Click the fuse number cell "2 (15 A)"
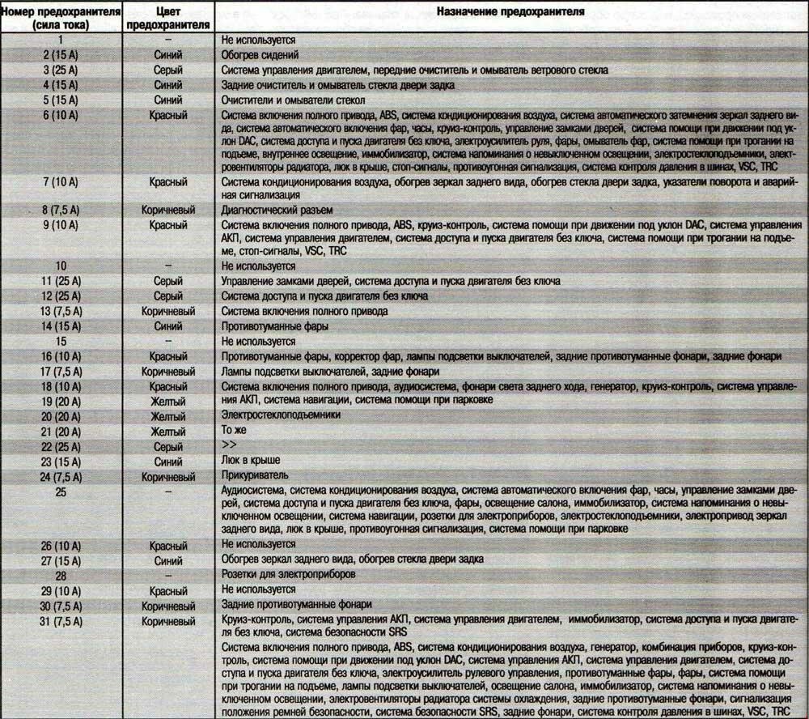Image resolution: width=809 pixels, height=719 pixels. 61,55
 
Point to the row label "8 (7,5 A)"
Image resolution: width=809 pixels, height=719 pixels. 61,210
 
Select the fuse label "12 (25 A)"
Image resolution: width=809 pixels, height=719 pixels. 61,296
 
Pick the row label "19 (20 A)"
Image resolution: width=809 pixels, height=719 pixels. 61,400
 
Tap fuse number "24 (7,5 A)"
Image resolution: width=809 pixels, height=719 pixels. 61,476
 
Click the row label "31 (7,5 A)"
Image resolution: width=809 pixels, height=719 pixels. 61,621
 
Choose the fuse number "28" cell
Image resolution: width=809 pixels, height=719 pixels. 61,574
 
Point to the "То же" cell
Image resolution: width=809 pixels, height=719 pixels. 233,431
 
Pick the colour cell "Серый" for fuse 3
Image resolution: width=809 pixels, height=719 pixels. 168,70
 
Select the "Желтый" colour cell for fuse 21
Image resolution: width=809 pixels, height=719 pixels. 168,431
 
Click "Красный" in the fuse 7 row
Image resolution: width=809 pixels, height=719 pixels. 168,182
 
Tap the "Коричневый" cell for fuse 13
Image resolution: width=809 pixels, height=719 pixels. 168,311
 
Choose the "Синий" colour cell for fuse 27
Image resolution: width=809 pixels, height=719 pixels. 168,559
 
